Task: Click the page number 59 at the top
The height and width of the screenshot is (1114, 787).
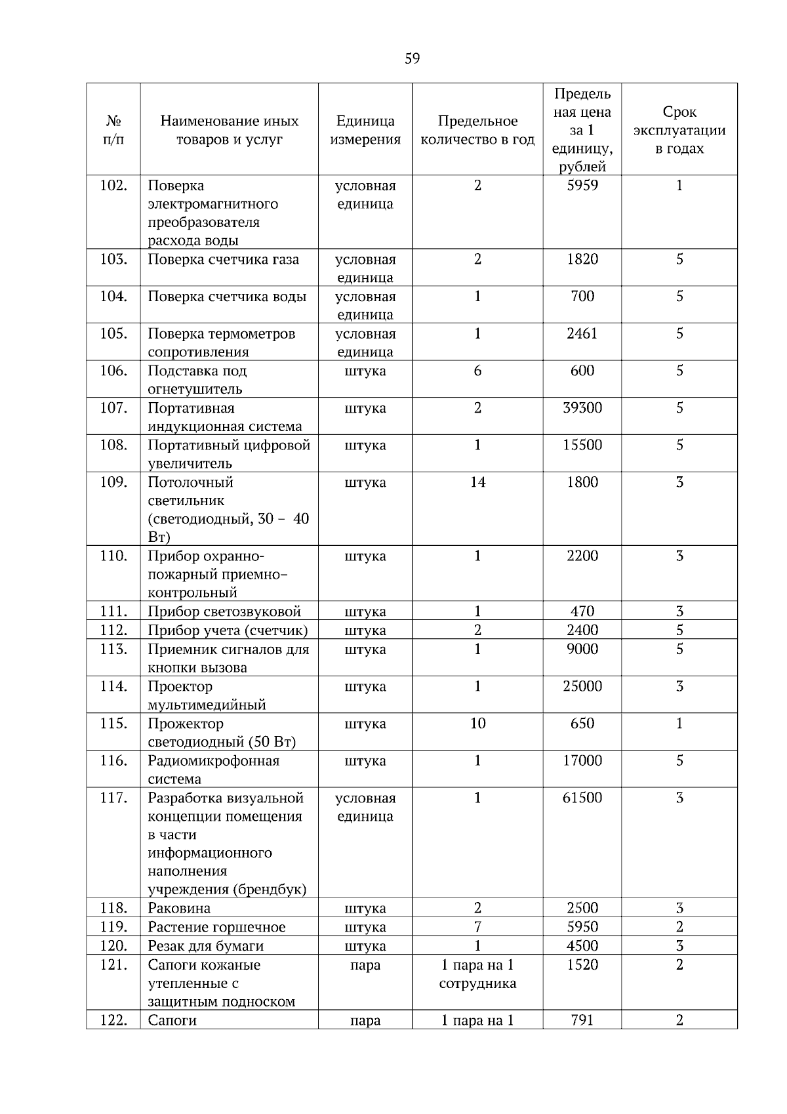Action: coord(412,59)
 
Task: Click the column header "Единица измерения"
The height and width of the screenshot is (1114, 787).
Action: coord(365,130)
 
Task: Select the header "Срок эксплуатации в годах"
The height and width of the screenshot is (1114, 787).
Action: coord(679,130)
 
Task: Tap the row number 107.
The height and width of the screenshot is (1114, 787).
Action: coord(113,408)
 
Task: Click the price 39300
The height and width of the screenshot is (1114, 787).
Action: coord(582,408)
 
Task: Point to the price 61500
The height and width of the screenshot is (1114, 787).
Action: coord(582,798)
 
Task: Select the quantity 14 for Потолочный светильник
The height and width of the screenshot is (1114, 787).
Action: coord(477,482)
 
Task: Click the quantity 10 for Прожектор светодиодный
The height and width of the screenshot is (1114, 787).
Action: coord(477,724)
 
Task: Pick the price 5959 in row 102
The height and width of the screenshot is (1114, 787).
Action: coord(582,186)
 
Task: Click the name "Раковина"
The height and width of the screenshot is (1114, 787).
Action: coord(179,908)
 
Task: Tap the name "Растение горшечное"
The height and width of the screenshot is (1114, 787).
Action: coord(216,927)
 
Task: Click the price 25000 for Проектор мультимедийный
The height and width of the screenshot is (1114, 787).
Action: coord(582,686)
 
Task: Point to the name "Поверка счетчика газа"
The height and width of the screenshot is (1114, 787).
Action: coord(223,260)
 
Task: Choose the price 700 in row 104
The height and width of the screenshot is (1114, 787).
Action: coord(582,297)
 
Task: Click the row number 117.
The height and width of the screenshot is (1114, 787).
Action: coord(113,798)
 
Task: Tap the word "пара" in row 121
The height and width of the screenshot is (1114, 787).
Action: coord(365,965)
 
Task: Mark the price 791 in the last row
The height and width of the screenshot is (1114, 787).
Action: coord(582,1020)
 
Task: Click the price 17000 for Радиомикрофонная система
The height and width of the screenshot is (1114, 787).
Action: coord(582,761)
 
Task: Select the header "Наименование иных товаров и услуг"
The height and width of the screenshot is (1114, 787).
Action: coord(229,130)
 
